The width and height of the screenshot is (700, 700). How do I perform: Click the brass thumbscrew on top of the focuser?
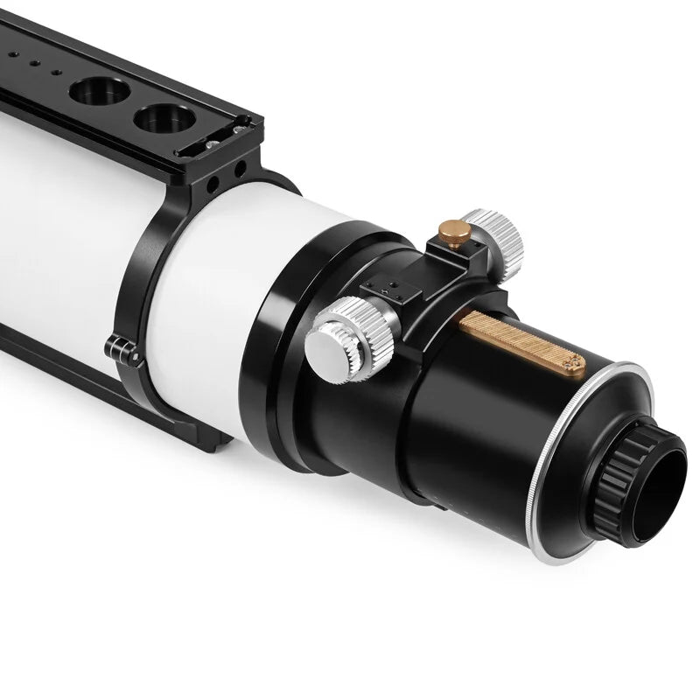[453, 232]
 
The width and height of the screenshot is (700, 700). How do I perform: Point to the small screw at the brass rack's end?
[572, 364]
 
